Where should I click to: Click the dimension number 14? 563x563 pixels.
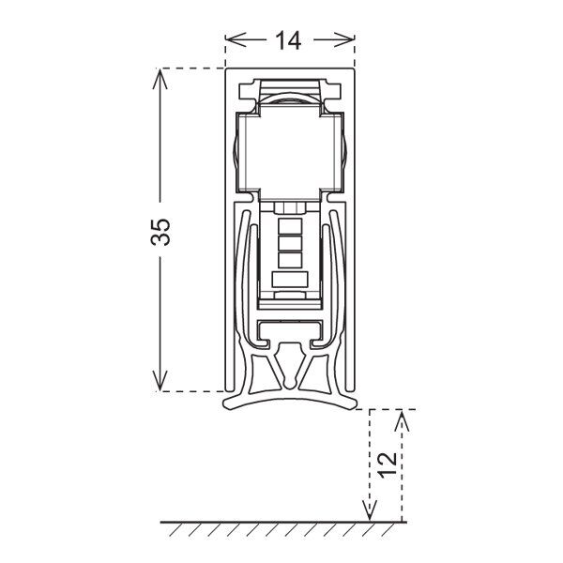click(x=288, y=40)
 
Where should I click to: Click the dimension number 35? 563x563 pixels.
click(x=160, y=232)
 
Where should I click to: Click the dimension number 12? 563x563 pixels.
click(x=388, y=464)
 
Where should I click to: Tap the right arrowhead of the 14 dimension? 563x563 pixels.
click(x=344, y=39)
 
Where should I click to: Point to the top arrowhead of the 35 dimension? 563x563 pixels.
click(x=160, y=79)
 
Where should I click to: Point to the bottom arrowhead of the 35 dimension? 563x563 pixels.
click(x=160, y=381)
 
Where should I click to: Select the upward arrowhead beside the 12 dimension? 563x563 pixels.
click(x=402, y=420)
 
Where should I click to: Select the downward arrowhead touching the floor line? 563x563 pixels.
click(x=370, y=510)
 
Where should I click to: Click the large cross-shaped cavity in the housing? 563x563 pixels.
click(x=290, y=152)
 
